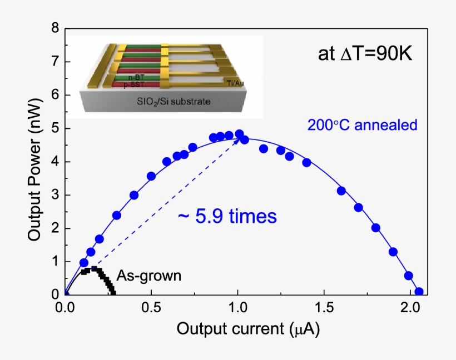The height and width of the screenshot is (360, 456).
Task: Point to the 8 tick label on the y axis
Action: pyautogui.click(x=54, y=28)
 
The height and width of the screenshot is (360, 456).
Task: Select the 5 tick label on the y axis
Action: pyautogui.click(x=54, y=128)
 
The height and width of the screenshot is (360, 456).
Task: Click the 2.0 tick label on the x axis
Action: pyautogui.click(x=410, y=307)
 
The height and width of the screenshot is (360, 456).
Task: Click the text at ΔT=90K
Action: pyautogui.click(x=364, y=54)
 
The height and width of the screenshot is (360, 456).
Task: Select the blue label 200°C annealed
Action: pyautogui.click(x=362, y=125)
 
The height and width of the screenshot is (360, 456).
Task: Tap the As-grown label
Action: pyautogui.click(x=148, y=276)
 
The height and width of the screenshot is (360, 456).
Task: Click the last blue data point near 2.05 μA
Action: pyautogui.click(x=419, y=292)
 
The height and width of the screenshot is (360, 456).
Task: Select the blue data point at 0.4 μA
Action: pyautogui.click(x=134, y=195)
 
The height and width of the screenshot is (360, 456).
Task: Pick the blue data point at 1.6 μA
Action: pyautogui.click(x=341, y=191)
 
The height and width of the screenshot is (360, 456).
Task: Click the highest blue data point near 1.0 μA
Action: pyautogui.click(x=239, y=134)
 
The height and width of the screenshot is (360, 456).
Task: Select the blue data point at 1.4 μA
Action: pyautogui.click(x=306, y=162)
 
